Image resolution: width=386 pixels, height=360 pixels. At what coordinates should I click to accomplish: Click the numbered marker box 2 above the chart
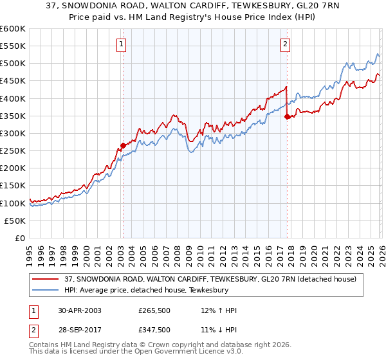pos(285,44)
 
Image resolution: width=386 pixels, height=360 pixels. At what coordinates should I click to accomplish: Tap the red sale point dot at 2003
pos(123,145)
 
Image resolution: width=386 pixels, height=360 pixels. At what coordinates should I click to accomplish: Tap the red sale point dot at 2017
pos(287,116)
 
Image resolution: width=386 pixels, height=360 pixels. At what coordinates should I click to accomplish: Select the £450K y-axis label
pos(13,81)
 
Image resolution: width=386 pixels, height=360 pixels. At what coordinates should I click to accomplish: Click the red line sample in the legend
pos(46,278)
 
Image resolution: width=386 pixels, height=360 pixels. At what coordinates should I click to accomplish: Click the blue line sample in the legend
pos(46,290)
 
